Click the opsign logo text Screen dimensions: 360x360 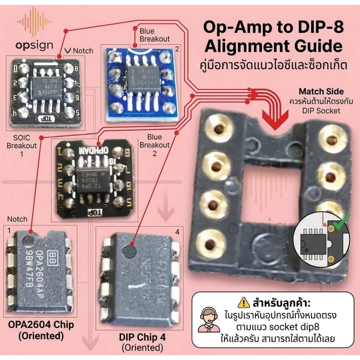pos(34,45)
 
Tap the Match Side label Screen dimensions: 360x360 pos(321,92)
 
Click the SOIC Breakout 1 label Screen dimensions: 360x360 pos(21,141)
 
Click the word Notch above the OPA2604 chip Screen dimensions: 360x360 pos(17,219)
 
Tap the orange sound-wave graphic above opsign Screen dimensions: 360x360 pos(34,22)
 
